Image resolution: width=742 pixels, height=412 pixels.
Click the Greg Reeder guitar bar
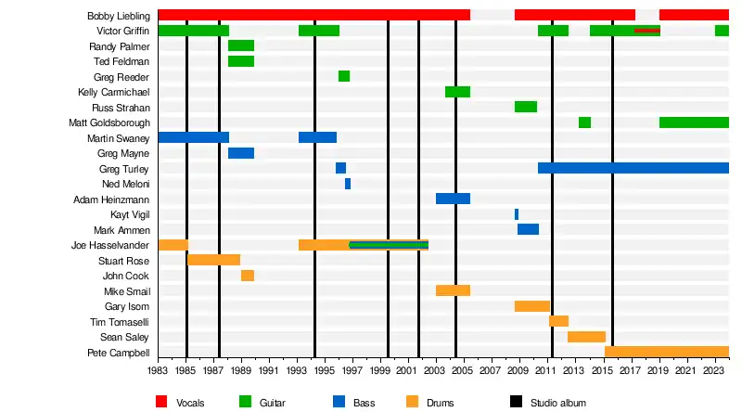click(344, 76)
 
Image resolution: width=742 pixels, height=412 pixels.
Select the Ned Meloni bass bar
click(348, 184)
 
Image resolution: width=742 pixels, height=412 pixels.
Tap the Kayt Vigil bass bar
click(517, 214)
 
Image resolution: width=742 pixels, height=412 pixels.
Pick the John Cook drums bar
click(248, 276)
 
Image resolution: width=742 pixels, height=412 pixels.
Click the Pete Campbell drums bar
click(667, 353)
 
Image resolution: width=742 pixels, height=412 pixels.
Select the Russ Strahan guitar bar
click(526, 107)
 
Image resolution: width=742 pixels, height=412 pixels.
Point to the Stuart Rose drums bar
click(214, 260)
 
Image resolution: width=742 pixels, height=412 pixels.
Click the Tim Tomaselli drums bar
click(558, 321)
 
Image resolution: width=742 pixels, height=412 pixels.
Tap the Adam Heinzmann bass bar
click(453, 199)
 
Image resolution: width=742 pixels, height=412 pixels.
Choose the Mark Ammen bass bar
click(528, 229)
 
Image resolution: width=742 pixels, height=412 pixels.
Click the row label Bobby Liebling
click(119, 16)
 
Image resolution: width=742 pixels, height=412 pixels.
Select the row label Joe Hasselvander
click(110, 245)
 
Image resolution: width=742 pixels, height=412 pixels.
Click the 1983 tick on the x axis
click(159, 370)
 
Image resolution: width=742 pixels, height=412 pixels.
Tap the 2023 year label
click(715, 370)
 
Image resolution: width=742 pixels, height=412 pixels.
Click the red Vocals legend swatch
click(161, 402)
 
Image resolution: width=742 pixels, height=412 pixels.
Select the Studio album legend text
click(557, 403)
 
